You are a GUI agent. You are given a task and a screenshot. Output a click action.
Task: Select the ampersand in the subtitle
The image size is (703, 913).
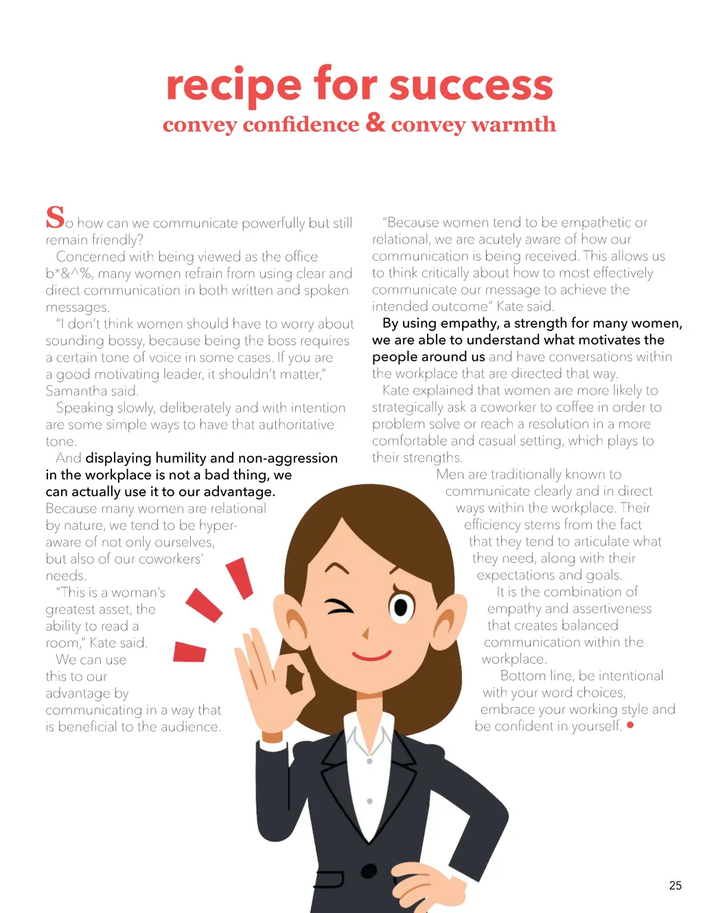click(x=375, y=122)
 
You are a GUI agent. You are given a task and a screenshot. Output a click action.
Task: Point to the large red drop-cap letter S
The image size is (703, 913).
click(x=55, y=217)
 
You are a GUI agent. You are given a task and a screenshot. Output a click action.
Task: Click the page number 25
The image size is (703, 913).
click(x=675, y=886)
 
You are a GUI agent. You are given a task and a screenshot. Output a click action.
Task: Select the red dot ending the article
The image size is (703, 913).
click(x=630, y=725)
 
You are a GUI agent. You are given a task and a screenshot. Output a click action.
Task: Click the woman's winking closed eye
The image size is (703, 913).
click(x=340, y=607)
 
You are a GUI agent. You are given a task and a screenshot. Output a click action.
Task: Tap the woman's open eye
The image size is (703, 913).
click(x=402, y=607)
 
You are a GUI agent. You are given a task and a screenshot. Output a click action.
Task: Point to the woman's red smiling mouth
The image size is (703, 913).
click(x=371, y=655)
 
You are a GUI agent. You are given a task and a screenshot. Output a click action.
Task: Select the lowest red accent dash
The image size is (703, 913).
click(x=189, y=651)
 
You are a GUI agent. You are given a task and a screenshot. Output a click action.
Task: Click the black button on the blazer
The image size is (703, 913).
click(x=369, y=871)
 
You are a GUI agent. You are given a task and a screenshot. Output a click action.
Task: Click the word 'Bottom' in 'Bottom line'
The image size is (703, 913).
click(x=524, y=675)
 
